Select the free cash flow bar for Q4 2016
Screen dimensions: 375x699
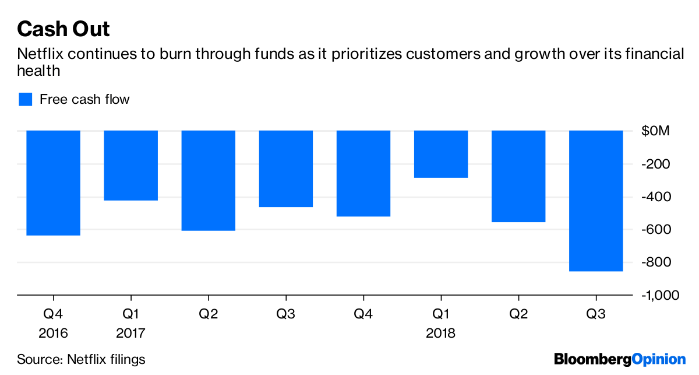(53, 183)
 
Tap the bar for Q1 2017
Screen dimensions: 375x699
(131, 165)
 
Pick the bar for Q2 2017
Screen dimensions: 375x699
(209, 180)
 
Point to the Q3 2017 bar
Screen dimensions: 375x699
(286, 169)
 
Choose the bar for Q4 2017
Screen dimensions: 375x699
(363, 173)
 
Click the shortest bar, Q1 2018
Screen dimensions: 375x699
(441, 154)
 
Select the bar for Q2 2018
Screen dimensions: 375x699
(518, 176)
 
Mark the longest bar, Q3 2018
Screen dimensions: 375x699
(596, 201)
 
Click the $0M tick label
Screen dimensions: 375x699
(655, 131)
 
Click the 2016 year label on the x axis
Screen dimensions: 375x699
(53, 334)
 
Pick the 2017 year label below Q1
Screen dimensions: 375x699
(131, 334)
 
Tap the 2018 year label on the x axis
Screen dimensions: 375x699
(441, 334)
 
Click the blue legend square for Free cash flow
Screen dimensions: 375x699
(25, 99)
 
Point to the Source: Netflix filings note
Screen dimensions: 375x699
(81, 359)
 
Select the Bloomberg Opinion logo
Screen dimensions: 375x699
(620, 359)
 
